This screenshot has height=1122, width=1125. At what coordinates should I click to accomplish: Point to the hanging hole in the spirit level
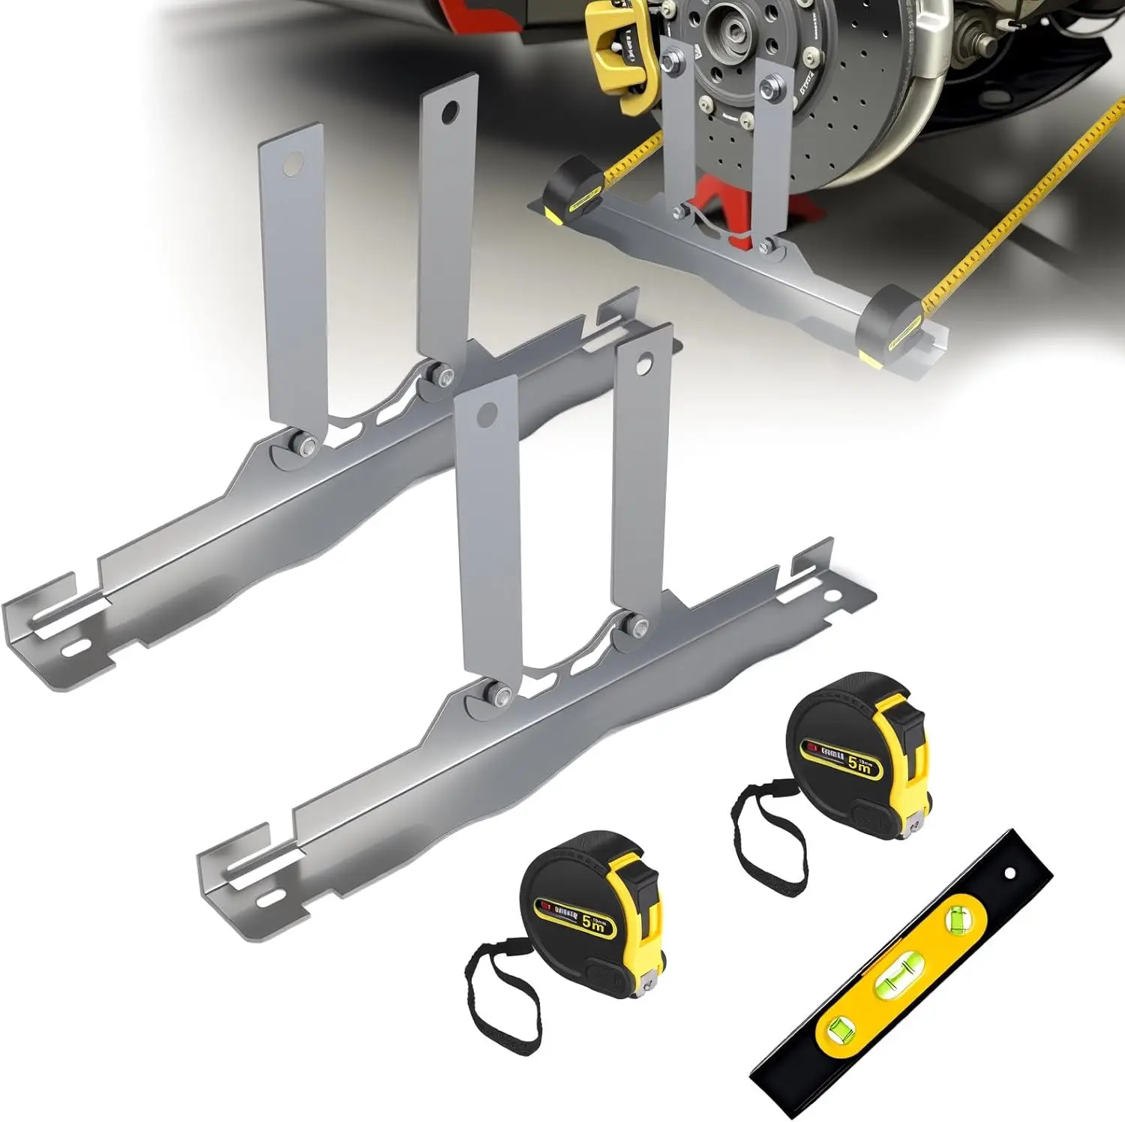click(1009, 873)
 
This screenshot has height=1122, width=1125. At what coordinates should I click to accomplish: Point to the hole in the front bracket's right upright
click(643, 367)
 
